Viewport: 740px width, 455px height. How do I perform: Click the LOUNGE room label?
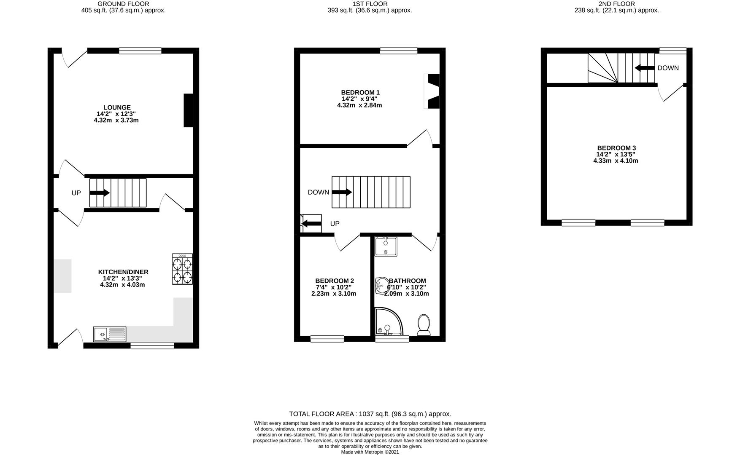117,107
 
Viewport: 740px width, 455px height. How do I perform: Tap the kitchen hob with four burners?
182,269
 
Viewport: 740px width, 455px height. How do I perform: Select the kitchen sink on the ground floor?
110,334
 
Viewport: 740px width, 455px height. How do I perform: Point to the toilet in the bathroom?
424,325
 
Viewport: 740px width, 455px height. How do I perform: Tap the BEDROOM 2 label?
335,281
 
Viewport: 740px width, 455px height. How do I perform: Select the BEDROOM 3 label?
616,148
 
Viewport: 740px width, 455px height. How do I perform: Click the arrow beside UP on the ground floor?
100,193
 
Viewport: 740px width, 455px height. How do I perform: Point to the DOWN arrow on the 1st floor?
342,192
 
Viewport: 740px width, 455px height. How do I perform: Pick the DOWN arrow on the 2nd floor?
644,68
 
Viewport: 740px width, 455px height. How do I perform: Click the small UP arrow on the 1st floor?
311,223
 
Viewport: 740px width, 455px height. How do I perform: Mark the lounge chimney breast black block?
188,110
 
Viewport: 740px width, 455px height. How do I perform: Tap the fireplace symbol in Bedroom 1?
432,91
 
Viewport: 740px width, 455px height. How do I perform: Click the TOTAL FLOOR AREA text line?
370,414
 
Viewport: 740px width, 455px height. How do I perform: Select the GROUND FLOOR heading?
123,4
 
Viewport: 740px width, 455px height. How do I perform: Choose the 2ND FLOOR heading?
616,4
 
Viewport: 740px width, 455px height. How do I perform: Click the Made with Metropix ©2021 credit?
370,452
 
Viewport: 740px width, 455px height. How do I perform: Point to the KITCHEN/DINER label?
123,272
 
